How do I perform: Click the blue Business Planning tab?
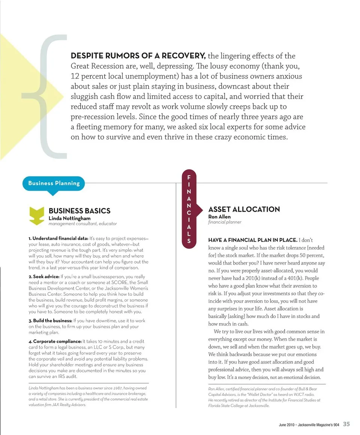(54, 183)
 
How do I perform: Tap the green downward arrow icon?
(36, 216)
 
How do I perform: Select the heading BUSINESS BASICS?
(79, 211)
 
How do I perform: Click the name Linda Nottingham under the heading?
(69, 218)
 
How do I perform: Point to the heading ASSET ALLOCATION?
(244, 209)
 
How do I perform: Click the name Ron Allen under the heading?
(219, 217)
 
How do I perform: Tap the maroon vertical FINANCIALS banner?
(189, 209)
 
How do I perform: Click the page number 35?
(346, 424)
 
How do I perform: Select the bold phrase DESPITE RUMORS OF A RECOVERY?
(138, 56)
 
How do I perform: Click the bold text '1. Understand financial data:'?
(58, 239)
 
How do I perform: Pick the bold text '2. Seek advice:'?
(44, 277)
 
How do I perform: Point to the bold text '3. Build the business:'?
(50, 321)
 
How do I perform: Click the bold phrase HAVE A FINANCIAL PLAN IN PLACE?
(253, 240)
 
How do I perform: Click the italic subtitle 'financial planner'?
(225, 222)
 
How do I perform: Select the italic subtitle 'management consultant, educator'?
(82, 224)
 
